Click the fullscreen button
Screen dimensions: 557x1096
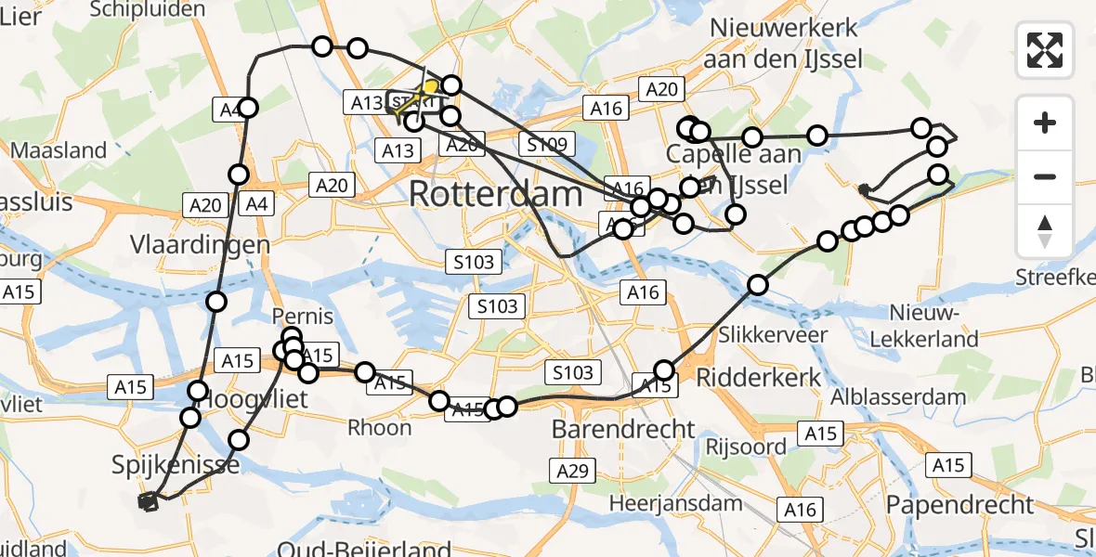click(1045, 50)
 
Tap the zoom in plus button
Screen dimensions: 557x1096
click(1045, 123)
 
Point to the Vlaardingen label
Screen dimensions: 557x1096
click(200, 246)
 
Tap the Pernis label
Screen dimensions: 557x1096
click(303, 316)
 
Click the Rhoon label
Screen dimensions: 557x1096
click(379, 428)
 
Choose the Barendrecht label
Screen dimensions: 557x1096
click(623, 429)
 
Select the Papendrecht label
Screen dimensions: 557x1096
click(959, 505)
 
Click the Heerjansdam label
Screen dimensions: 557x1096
click(676, 503)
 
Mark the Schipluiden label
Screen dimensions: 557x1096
click(149, 9)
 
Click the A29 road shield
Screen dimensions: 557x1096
click(572, 472)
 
